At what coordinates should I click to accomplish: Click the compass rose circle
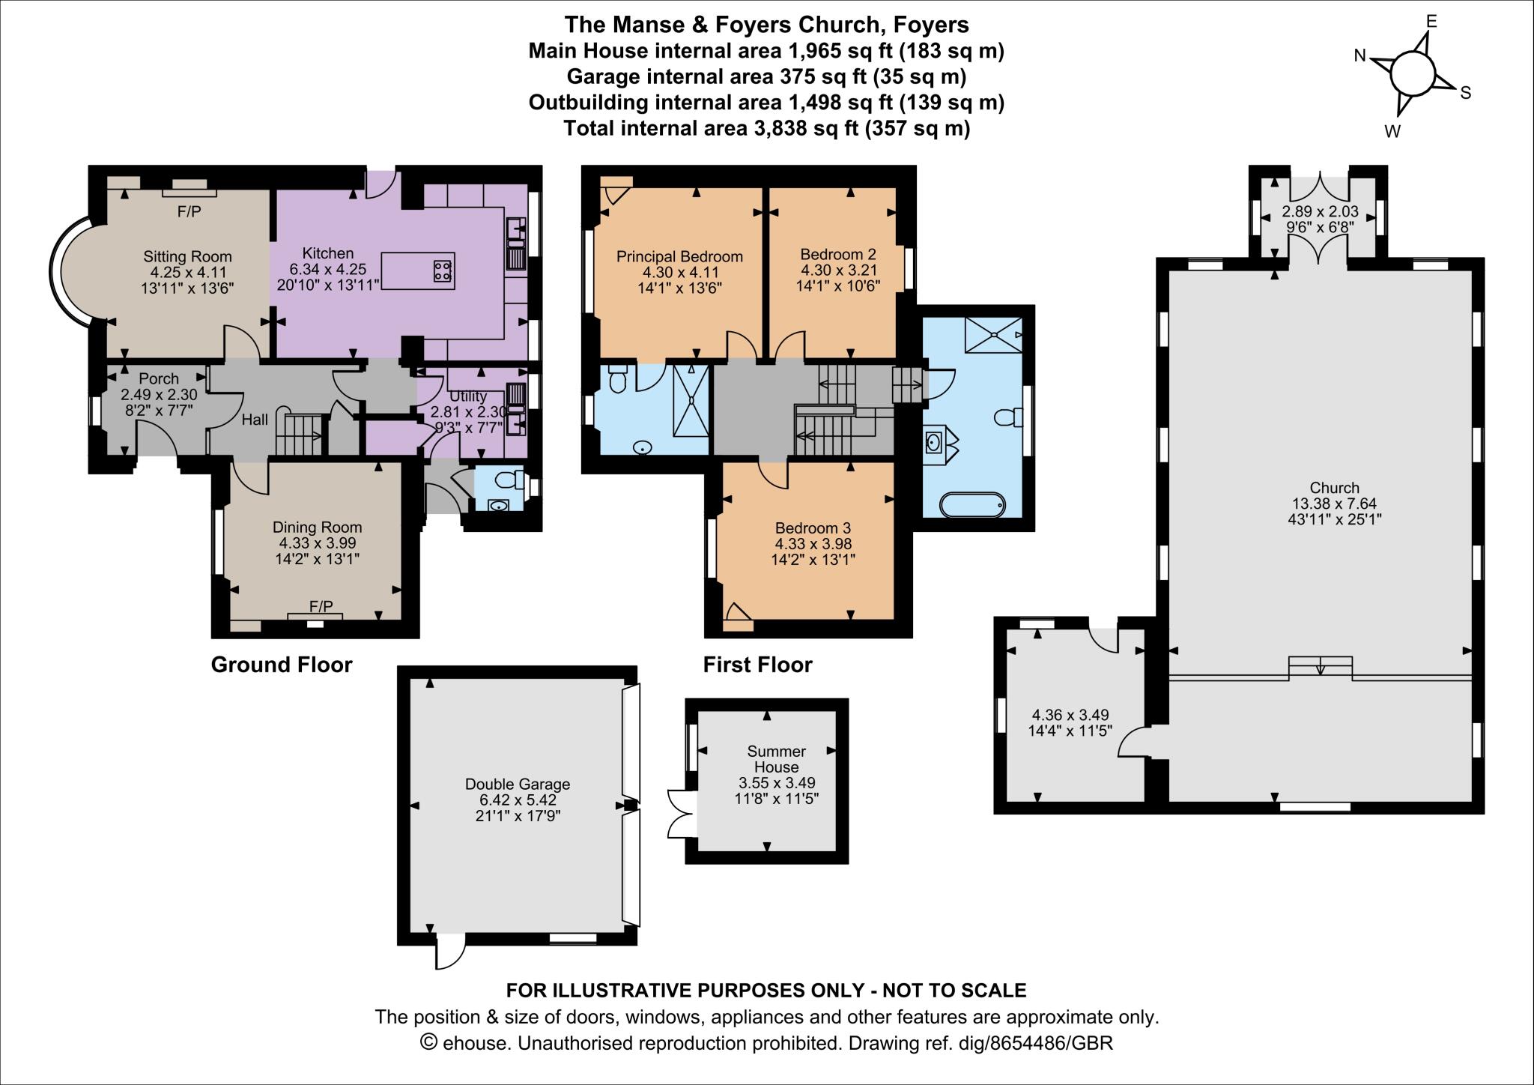(1412, 76)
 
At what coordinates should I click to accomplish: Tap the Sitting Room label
(187, 256)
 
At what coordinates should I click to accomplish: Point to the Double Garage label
(518, 784)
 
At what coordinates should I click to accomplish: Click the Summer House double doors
(679, 813)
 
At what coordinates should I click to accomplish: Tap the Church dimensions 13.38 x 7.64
(1334, 504)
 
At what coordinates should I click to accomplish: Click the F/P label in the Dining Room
(321, 605)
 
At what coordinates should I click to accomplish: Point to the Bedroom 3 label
(813, 528)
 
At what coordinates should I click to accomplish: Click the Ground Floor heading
(281, 665)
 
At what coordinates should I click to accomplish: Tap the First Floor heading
(757, 665)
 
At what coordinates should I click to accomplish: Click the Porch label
(159, 378)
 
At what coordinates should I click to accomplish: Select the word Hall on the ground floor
(255, 420)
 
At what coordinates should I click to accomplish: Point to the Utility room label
(467, 396)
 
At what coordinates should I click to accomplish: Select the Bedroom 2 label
(837, 253)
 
